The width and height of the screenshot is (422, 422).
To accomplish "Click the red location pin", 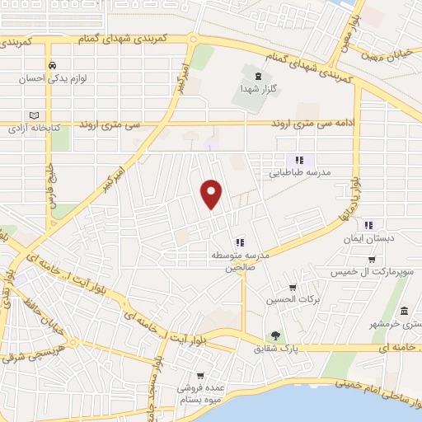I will pos(213,192).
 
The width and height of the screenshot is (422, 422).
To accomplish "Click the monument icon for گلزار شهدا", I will pos(259,75).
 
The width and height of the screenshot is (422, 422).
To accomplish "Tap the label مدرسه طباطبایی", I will pos(299,174).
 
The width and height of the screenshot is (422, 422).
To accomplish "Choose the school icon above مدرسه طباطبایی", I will pos(300,160).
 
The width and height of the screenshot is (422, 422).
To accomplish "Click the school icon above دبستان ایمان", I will pos(368,224).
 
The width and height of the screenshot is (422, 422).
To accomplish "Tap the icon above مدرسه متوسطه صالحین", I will pos(239,241).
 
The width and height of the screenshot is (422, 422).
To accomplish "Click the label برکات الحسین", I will pos(282,299).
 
